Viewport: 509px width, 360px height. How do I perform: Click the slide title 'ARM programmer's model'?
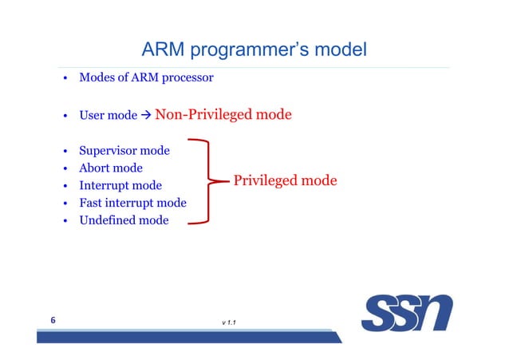[x=254, y=50]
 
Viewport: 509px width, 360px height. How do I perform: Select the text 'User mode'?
[x=108, y=116]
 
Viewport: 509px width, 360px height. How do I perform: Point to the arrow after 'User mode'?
[x=145, y=116]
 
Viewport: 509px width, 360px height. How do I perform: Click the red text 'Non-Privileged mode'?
[x=223, y=115]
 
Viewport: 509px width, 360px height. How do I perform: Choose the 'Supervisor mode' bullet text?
[x=129, y=150]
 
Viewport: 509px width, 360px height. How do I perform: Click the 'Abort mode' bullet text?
[x=111, y=168]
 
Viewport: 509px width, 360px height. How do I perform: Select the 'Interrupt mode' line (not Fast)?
[x=120, y=185]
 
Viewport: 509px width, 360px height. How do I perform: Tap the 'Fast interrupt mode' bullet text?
[x=132, y=203]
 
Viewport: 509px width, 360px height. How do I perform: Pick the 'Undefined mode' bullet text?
[x=124, y=220]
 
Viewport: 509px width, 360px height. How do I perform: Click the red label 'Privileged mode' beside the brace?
[x=285, y=181]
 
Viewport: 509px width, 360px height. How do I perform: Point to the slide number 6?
[x=53, y=321]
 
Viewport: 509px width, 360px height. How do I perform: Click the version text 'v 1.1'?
[x=234, y=322]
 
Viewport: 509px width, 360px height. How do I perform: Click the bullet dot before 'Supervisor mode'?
[x=63, y=151]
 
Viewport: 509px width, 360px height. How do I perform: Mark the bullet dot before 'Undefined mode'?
[x=63, y=221]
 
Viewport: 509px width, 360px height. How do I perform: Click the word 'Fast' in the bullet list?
[x=91, y=203]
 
